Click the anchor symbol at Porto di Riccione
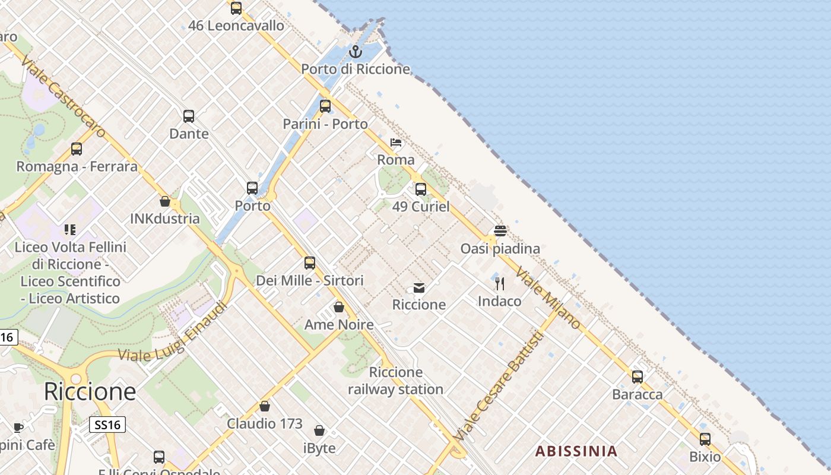click(356, 52)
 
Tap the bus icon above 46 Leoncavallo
click(236, 8)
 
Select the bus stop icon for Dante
click(189, 116)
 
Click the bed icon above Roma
click(396, 142)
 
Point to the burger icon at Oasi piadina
click(500, 231)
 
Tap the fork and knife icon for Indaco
click(500, 284)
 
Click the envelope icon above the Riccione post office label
click(419, 288)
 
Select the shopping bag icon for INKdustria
click(165, 202)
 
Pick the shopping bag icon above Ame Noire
click(339, 307)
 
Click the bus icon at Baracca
click(637, 377)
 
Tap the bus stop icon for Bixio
click(705, 439)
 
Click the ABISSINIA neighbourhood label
click(576, 451)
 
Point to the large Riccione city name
click(90, 392)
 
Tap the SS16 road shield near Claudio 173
click(107, 425)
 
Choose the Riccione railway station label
click(395, 381)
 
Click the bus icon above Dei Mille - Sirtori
click(310, 263)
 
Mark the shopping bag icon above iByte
click(319, 430)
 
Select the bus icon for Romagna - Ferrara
click(77, 149)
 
